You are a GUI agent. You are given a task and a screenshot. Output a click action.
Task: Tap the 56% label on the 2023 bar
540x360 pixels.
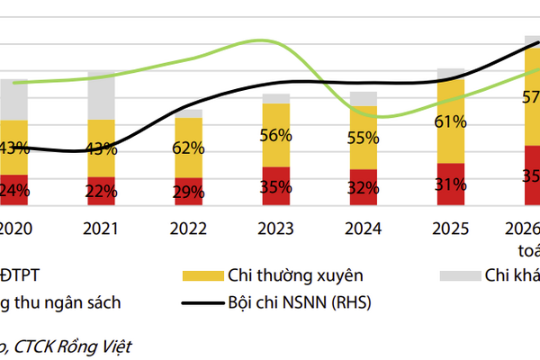point(276,136)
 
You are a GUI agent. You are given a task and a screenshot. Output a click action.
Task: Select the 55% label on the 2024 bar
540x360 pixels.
point(364,138)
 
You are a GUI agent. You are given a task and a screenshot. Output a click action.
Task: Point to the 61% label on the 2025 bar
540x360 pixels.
point(450,121)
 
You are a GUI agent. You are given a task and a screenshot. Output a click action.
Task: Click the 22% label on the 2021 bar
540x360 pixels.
point(101,191)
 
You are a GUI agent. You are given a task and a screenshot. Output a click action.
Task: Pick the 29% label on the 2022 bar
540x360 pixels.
point(189,192)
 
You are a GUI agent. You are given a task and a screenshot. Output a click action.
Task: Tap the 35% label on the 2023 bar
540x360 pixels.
point(276,187)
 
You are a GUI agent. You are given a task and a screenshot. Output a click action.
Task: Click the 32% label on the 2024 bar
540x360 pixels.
point(364,188)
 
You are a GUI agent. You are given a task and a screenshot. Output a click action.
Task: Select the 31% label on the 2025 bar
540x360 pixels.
point(450,184)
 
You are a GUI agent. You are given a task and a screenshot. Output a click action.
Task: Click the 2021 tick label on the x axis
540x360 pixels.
point(101,229)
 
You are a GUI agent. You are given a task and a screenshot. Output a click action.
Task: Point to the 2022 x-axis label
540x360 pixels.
point(189,229)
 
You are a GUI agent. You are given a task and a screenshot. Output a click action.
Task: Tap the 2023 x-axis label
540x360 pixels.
point(276,229)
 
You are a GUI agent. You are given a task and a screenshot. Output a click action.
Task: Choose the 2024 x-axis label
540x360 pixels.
point(364,229)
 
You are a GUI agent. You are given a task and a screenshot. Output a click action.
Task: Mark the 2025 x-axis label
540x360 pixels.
point(450,229)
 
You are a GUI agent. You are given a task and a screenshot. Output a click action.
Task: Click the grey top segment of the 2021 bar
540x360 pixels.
point(101,95)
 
